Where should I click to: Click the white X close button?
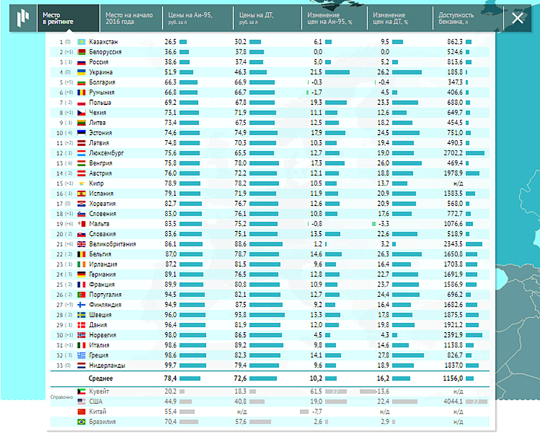517,18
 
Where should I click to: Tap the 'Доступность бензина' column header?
456,18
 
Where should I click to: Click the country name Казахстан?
103,42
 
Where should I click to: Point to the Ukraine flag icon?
82,72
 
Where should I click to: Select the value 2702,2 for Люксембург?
453,153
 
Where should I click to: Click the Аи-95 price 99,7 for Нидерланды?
170,366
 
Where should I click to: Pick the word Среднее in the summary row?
101,379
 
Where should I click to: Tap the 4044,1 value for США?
453,401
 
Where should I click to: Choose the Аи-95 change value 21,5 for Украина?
315,72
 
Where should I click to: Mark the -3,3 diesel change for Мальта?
383,224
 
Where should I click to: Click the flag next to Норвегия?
82,335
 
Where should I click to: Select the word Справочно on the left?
61,396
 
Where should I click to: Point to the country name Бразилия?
102,422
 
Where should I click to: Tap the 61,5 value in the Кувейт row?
315,391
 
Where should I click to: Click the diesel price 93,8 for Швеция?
240,315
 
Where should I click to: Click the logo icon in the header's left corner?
23,18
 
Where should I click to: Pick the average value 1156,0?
453,379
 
